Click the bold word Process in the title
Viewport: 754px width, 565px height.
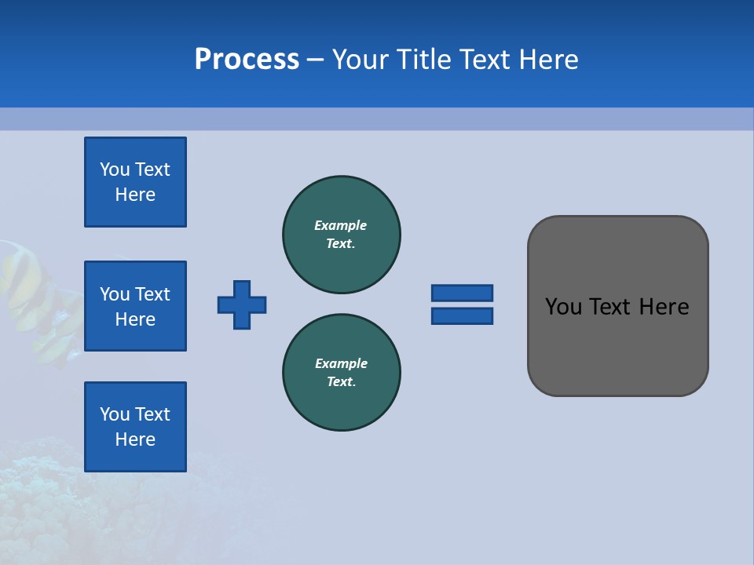[x=247, y=59]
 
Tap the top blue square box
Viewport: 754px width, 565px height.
[x=135, y=182]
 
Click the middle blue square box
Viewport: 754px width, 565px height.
[x=135, y=306]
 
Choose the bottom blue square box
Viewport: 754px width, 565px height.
[x=135, y=426]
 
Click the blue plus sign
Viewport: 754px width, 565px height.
[x=242, y=304]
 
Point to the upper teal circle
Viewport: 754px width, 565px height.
[x=341, y=234]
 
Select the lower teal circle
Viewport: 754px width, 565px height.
[x=341, y=372]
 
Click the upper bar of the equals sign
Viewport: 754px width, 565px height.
[x=462, y=293]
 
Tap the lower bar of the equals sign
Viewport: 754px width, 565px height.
[x=462, y=315]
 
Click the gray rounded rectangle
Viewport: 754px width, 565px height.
[x=617, y=345]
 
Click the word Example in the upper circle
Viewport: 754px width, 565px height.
[x=341, y=225]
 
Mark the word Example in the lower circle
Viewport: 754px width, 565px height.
[x=341, y=363]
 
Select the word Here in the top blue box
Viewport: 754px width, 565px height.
[x=135, y=195]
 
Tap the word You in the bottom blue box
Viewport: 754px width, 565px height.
[x=115, y=414]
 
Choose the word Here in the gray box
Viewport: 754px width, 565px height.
[x=664, y=307]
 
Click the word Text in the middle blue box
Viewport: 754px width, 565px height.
[x=152, y=294]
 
